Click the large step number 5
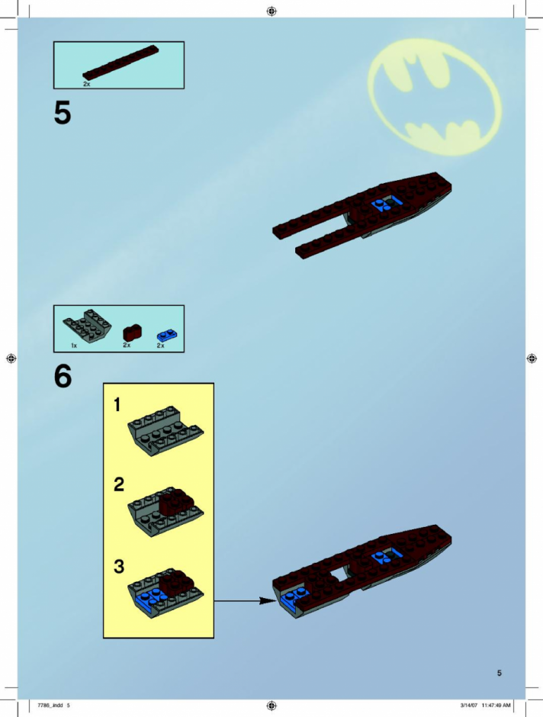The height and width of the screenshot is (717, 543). [63, 113]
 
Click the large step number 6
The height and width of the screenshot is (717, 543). [63, 376]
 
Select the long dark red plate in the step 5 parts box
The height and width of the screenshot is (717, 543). [120, 63]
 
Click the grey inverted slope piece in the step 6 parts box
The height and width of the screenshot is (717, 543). [87, 325]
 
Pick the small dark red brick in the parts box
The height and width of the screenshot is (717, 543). [132, 332]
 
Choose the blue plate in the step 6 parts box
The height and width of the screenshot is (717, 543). [167, 335]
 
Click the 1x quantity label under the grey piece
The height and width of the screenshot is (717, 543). [74, 346]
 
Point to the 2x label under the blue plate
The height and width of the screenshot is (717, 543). [160, 346]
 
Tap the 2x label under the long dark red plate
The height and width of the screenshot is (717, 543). [86, 84]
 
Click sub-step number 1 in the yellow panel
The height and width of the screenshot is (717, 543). [117, 405]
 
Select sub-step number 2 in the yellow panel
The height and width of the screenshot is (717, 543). [119, 484]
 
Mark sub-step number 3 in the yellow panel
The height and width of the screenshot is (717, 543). [119, 567]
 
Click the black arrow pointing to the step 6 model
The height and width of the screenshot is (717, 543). [245, 600]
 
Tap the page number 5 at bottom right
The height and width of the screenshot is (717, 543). [499, 673]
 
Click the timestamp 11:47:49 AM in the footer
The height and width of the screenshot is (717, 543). [496, 705]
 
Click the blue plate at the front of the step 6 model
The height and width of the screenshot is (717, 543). [291, 600]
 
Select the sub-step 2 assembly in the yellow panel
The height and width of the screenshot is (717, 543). [165, 510]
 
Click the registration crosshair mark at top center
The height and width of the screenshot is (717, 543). [271, 11]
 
